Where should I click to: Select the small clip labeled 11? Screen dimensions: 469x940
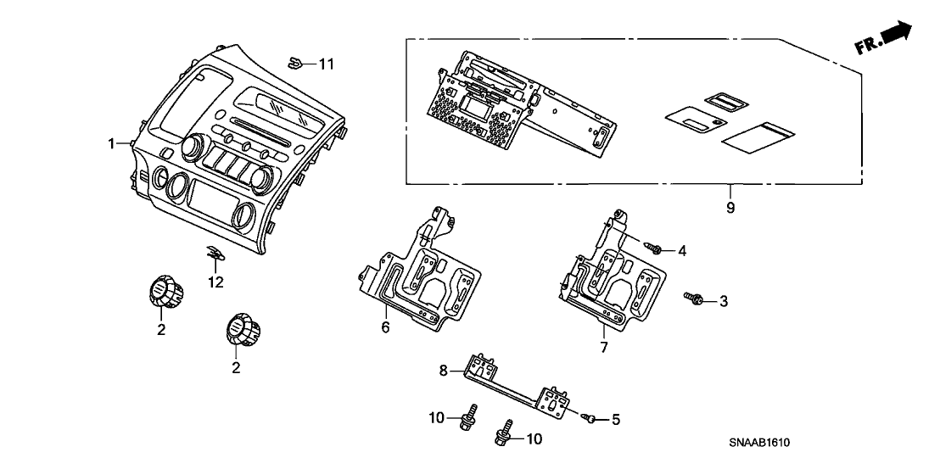tap(297, 61)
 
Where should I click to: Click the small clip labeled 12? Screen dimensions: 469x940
tap(215, 252)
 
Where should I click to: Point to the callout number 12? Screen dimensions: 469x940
tap(215, 282)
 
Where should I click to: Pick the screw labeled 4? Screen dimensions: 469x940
tap(655, 247)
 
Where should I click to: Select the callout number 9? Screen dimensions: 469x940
tap(730, 207)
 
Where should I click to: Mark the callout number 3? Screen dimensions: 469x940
tap(724, 300)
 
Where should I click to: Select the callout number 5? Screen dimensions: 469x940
tap(616, 419)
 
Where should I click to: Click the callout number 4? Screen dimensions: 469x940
tap(681, 250)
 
